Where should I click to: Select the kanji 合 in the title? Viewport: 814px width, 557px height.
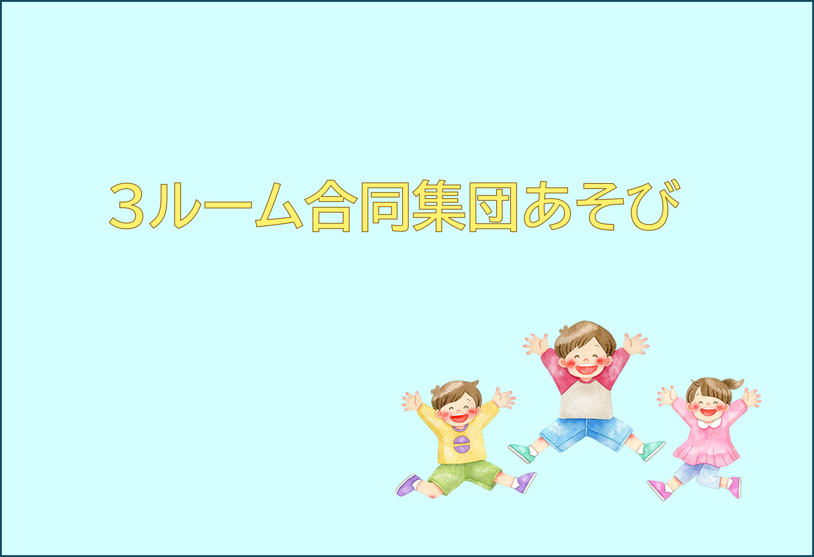click(x=331, y=206)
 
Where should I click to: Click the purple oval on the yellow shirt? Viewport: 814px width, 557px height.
click(x=462, y=444)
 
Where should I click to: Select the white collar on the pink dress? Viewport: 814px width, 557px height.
click(x=710, y=424)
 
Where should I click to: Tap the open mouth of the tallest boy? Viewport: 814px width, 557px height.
click(x=586, y=369)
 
